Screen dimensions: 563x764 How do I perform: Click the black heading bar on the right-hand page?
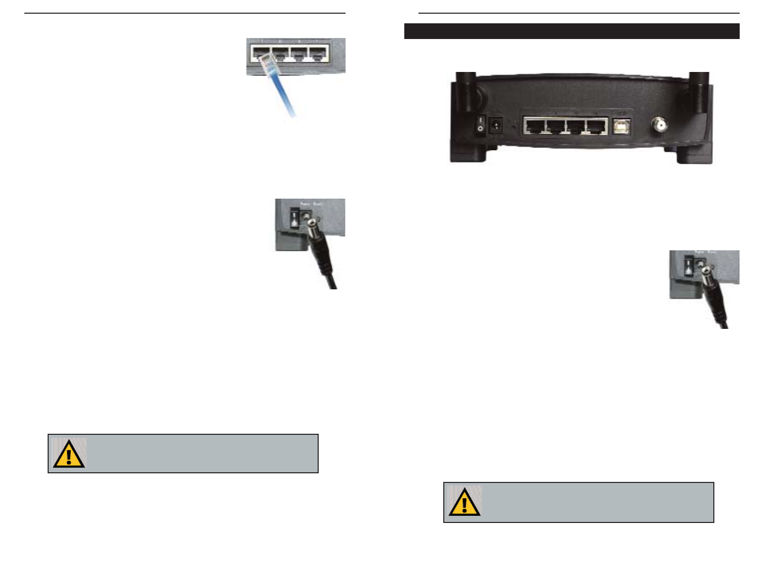pyautogui.click(x=571, y=31)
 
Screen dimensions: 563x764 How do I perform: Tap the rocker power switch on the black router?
pyautogui.click(x=480, y=124)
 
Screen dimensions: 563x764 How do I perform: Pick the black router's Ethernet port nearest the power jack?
pyautogui.click(x=534, y=126)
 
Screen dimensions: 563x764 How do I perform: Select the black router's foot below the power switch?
pyautogui.click(x=469, y=154)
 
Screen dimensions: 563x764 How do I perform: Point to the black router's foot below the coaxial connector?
pyautogui.click(x=695, y=154)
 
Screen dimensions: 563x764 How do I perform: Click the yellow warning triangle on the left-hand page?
pyautogui.click(x=68, y=454)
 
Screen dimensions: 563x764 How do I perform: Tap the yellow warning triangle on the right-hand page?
pyautogui.click(x=464, y=503)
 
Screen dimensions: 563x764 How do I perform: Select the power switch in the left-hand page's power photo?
pyautogui.click(x=294, y=219)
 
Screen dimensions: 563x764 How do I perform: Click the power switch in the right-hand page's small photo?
pyautogui.click(x=688, y=266)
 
